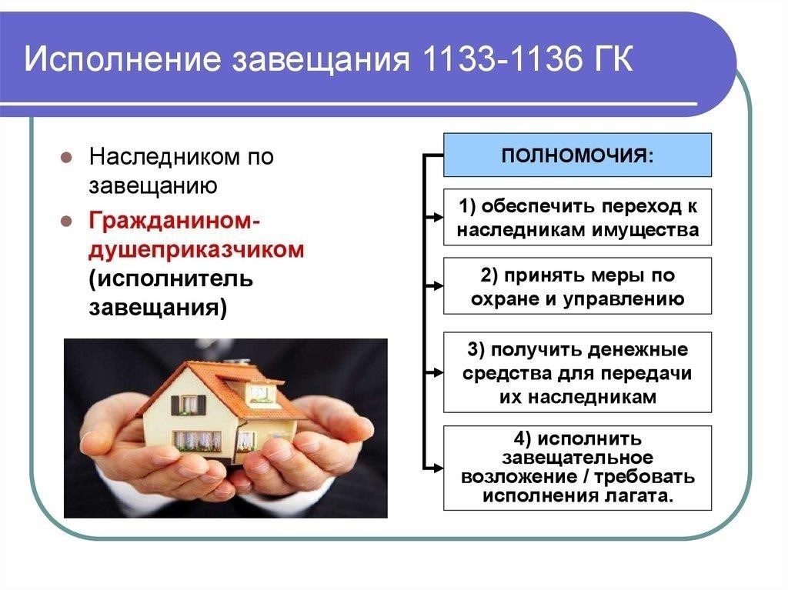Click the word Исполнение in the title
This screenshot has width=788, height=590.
(x=122, y=58)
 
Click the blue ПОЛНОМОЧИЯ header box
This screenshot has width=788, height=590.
(x=577, y=155)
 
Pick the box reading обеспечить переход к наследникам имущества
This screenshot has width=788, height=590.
(x=577, y=217)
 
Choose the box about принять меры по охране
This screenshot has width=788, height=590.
(x=577, y=286)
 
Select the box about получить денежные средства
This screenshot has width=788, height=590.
(x=577, y=372)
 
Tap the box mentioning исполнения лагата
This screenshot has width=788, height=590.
(x=577, y=468)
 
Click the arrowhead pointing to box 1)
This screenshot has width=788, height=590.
(x=437, y=217)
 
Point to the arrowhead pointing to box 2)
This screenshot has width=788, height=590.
(x=437, y=286)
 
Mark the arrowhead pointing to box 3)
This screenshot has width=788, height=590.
(x=437, y=372)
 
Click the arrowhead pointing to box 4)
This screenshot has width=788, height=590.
(x=437, y=468)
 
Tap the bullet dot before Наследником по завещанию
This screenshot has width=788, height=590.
(x=66, y=157)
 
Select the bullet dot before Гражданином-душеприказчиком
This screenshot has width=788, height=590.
(x=66, y=222)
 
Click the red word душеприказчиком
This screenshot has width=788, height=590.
(x=196, y=250)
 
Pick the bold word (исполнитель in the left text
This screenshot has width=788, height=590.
(x=171, y=278)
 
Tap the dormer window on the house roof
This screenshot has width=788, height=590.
(x=260, y=394)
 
